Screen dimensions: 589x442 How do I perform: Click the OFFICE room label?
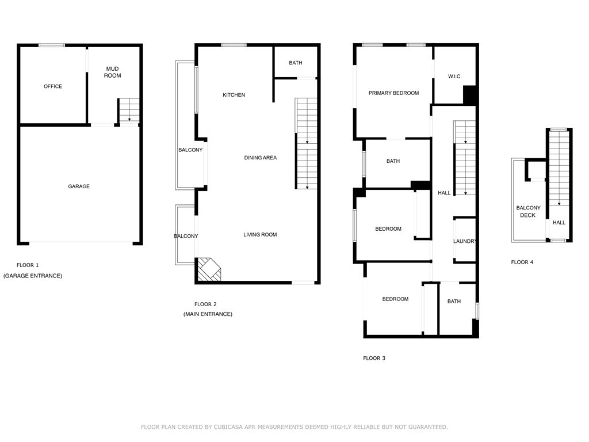[52, 86]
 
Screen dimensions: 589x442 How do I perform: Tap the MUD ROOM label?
[112, 72]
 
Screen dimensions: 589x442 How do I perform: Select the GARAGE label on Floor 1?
[79, 186]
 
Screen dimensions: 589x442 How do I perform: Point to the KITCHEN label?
[234, 95]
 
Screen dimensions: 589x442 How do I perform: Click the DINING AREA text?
[261, 158]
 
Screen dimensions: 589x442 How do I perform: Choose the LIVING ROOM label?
[260, 235]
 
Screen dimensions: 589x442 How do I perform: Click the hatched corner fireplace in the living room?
[209, 269]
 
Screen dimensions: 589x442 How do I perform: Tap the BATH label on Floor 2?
[296, 63]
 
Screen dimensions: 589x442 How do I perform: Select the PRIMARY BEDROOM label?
[393, 93]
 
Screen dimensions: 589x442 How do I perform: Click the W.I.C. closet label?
[454, 77]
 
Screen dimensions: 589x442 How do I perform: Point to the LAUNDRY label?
[465, 241]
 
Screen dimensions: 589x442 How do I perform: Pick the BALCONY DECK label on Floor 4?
[528, 212]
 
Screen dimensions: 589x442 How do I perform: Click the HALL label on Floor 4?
[559, 223]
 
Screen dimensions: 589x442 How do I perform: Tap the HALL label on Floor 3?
[444, 193]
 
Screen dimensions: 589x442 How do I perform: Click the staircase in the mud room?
[129, 110]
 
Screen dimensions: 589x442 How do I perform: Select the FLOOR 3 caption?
[374, 358]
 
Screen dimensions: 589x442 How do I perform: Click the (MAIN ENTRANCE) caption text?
[208, 314]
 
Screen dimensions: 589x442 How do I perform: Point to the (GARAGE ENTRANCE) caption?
[33, 276]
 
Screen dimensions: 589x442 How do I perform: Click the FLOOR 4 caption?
[522, 262]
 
